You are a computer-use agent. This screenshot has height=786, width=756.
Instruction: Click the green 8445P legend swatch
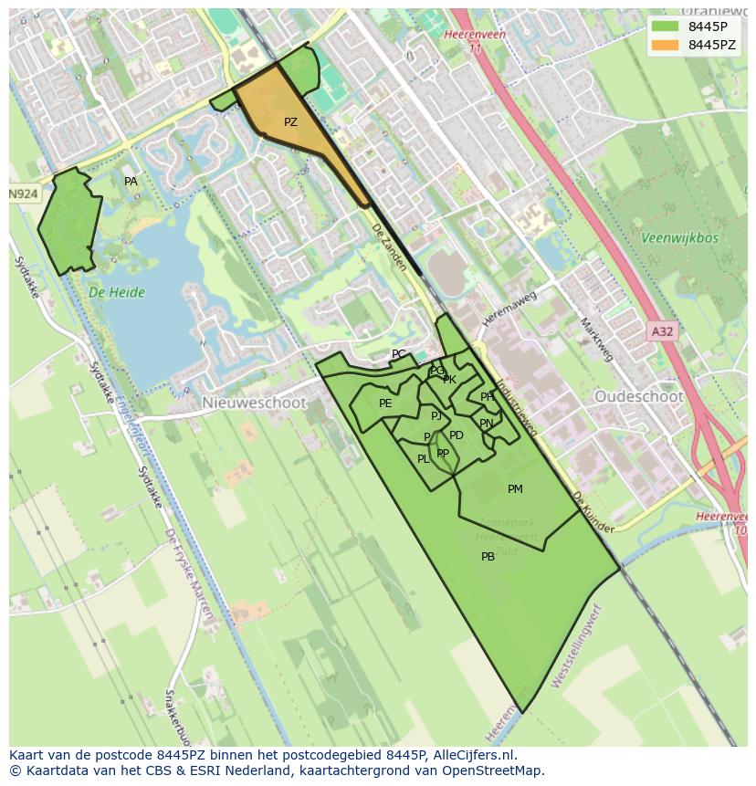click(x=666, y=26)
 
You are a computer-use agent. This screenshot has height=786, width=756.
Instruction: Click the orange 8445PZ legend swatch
click(x=666, y=45)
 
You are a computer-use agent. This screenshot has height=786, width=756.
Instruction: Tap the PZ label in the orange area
click(x=290, y=122)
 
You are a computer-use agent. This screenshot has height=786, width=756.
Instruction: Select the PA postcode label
click(x=131, y=182)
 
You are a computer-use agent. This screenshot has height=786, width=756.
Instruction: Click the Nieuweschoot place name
click(x=242, y=403)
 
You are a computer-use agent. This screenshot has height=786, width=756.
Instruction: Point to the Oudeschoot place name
click(x=638, y=397)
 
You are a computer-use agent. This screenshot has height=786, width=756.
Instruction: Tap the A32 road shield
click(x=662, y=331)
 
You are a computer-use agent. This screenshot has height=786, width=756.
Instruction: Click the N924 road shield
click(x=25, y=194)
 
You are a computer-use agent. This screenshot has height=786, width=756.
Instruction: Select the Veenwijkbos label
click(x=680, y=238)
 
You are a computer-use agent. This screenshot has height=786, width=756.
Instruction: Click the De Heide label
click(x=117, y=293)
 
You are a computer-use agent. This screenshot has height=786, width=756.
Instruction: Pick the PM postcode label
click(x=515, y=489)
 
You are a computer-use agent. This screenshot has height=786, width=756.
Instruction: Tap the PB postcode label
click(x=488, y=557)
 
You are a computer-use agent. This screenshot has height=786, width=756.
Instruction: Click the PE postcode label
click(x=385, y=403)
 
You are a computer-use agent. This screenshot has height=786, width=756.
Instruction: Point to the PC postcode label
click(x=398, y=354)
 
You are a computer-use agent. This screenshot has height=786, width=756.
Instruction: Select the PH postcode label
click(x=487, y=397)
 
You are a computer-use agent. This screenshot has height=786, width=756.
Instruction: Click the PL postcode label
click(x=423, y=459)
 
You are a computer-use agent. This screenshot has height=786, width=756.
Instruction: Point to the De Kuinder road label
click(x=593, y=512)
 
